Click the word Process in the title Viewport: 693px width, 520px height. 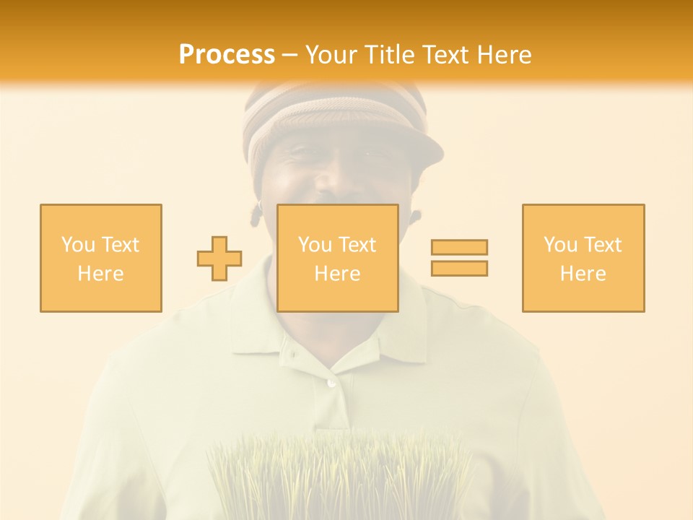coord(227,55)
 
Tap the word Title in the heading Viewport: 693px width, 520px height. coord(388,55)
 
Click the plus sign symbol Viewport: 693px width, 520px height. coord(219,258)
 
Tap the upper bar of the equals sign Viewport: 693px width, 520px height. coord(459,247)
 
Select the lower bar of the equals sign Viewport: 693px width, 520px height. coord(459,268)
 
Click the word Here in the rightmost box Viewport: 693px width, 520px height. coord(583,274)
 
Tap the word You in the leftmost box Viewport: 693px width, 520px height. coord(77,245)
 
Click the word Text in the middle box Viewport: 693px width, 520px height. coord(357,245)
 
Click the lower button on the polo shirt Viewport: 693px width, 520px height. coord(331,382)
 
